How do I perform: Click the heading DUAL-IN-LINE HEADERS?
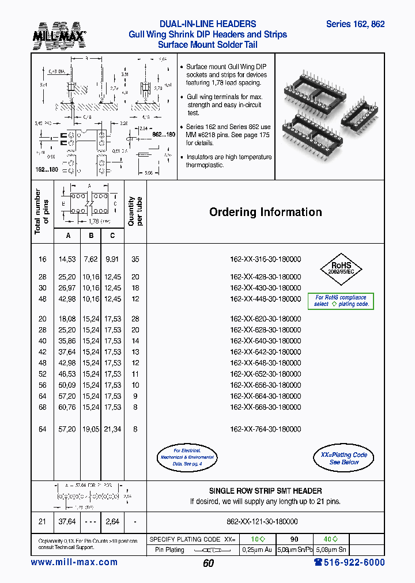[207, 24]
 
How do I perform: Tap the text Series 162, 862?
[355, 24]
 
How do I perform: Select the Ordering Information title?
[265, 212]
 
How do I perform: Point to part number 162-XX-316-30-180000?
[265, 260]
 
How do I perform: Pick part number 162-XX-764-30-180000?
[265, 429]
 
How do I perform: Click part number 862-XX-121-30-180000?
[265, 521]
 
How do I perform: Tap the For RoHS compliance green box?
[341, 301]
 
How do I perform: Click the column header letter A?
[69, 235]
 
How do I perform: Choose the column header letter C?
[112, 235]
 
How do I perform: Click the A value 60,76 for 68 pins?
[67, 407]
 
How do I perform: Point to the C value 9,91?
[113, 260]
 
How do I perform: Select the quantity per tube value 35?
[135, 260]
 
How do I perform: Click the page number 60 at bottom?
[208, 563]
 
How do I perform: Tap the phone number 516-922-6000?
[349, 562]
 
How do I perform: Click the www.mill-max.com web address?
[74, 562]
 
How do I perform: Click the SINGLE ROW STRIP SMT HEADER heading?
[265, 491]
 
